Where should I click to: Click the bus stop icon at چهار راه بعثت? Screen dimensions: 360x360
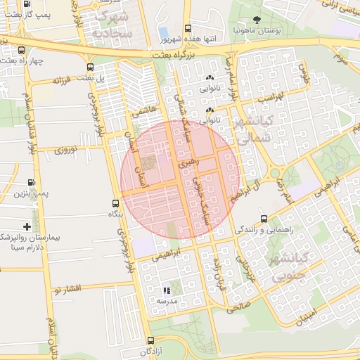point(22,51)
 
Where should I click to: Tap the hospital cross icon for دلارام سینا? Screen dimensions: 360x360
point(27,226)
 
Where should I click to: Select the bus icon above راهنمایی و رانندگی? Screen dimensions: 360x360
point(264,219)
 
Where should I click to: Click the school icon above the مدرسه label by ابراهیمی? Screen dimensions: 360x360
point(167,290)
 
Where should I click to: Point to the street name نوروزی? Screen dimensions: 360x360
point(69,150)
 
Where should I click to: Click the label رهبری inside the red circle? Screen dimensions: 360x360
point(190,162)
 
